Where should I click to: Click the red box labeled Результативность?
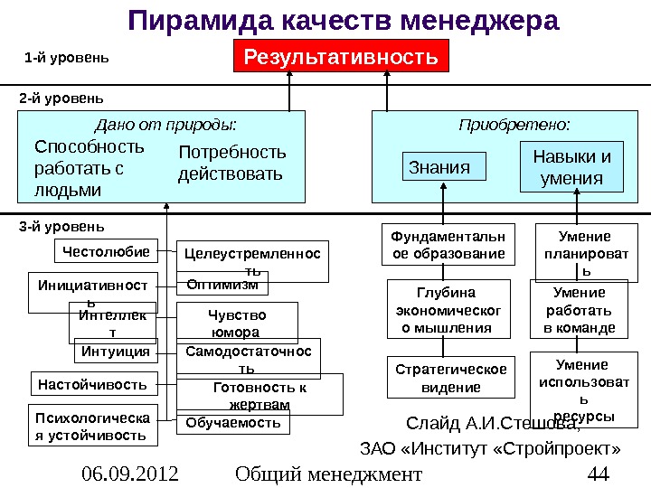[341, 58]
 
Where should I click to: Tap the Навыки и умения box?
[571, 168]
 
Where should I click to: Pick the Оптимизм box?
[222, 286]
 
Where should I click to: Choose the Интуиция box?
[115, 351]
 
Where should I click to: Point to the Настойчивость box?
[93, 384]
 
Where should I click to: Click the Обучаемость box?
[233, 422]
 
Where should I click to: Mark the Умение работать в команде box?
[579, 310]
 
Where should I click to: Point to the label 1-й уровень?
[66, 59]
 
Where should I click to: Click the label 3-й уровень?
[61, 225]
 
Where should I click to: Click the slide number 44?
[596, 474]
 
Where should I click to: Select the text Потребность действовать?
[231, 162]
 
